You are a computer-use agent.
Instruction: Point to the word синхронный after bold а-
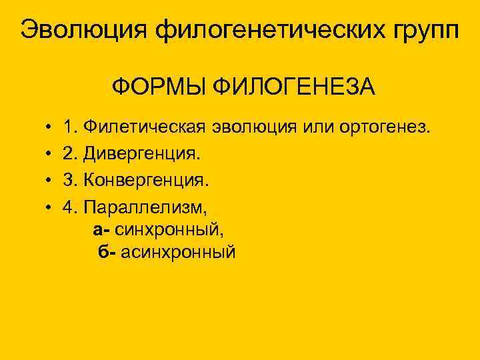[170, 231]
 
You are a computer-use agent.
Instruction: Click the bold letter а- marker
[102, 231]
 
